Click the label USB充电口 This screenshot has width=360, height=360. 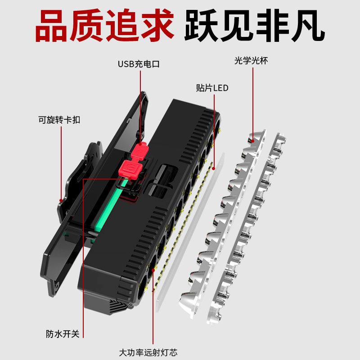pos(139,64)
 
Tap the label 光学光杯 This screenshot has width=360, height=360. pos(251,61)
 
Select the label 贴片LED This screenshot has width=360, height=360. pos(212,88)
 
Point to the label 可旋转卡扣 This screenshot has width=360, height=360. pos(59,120)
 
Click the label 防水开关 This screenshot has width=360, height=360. pos(63,334)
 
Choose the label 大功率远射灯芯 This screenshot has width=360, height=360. pos(148,352)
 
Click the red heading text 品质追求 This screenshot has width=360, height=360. pos(104,25)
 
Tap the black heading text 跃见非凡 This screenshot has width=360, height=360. pos(254,25)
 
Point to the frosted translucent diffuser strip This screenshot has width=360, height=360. pos(190,232)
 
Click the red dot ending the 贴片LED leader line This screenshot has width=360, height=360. pos(214,168)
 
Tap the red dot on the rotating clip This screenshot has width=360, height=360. pos(61,200)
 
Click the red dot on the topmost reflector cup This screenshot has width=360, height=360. pos(253,141)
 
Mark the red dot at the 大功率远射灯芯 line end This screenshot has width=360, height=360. pos(153,270)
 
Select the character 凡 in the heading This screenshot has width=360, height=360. pos(308,25)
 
